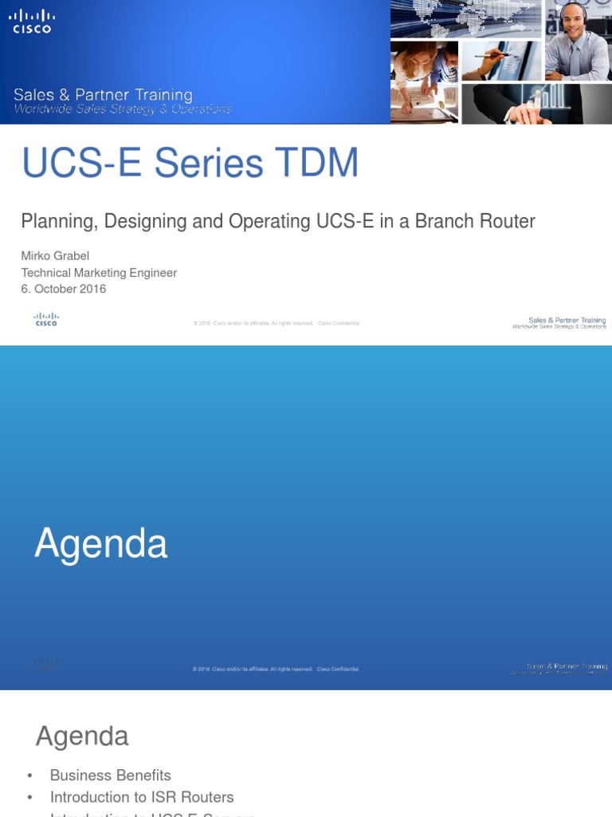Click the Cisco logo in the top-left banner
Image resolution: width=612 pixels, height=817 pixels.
click(x=32, y=22)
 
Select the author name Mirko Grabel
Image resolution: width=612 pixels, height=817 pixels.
click(x=55, y=256)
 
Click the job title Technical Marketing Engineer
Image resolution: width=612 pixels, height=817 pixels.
click(x=99, y=273)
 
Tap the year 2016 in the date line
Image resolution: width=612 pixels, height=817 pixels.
click(x=91, y=289)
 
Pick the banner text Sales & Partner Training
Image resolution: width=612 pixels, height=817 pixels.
click(x=103, y=96)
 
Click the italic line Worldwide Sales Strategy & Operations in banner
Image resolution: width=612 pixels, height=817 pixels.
click(x=123, y=109)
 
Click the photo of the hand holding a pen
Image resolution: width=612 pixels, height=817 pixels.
click(x=500, y=61)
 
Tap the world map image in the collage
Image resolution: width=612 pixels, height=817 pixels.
click(x=466, y=19)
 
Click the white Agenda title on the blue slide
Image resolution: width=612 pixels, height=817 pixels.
click(x=101, y=544)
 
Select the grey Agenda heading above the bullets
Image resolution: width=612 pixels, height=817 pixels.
click(x=82, y=736)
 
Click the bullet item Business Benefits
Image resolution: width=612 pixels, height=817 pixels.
click(x=110, y=776)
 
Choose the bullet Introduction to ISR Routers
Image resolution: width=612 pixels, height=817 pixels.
click(x=142, y=797)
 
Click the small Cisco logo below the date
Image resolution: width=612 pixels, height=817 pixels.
click(x=46, y=320)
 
